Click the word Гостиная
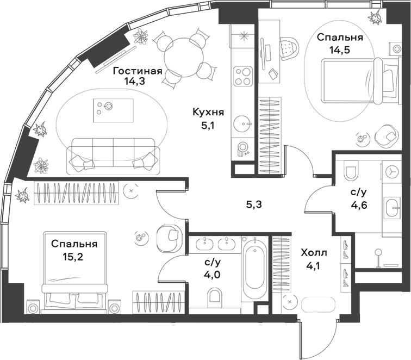pos(138,71)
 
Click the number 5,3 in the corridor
pos(254,205)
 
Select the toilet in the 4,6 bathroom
pos(351,171)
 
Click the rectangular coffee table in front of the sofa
pos(113,108)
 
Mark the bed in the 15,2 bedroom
pos(74,294)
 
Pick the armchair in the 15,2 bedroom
pos(168,237)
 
